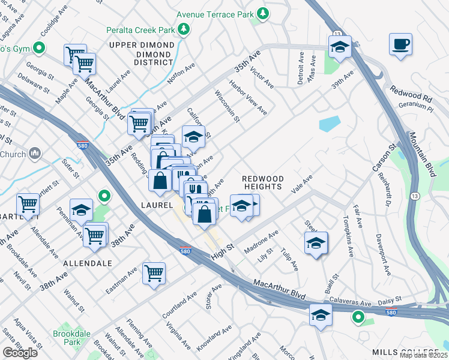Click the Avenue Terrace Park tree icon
click(x=262, y=13)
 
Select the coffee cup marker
click(x=400, y=44)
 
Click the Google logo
click(x=20, y=353)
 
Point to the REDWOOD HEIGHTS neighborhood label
click(x=262, y=182)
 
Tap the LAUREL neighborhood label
click(x=157, y=205)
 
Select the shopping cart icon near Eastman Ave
click(x=154, y=273)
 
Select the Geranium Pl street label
click(x=415, y=104)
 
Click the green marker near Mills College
click(x=358, y=317)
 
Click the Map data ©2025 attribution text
click(x=424, y=355)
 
